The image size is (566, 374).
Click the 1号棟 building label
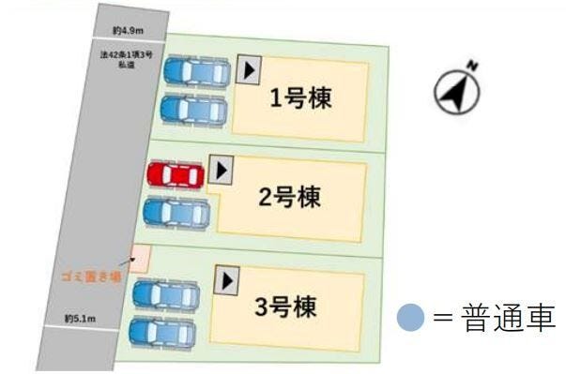tap(301, 98)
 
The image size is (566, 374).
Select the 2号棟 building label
tap(290, 198)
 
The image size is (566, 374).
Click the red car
tap(176, 174)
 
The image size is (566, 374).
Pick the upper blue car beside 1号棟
tap(196, 71)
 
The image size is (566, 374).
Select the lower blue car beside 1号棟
tap(193, 109)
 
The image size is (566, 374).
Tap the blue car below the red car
tap(176, 213)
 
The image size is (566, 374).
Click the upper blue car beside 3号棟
tap(166, 294)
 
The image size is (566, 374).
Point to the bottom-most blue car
tap(162, 330)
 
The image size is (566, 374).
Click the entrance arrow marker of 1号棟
tap(249, 70)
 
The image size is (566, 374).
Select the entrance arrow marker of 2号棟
tap(221, 170)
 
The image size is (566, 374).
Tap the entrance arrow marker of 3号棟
tap(226, 278)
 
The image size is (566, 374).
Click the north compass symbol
tap(457, 89)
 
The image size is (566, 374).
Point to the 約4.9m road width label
tap(127, 31)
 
